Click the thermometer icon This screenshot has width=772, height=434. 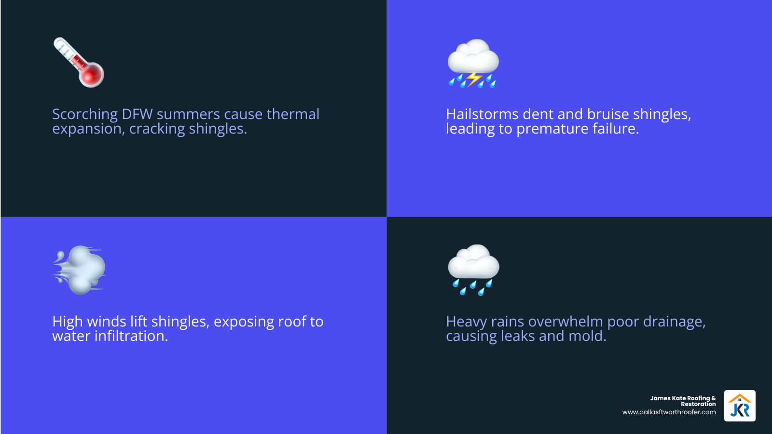pyautogui.click(x=79, y=62)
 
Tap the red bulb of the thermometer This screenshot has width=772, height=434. pyautogui.click(x=92, y=75)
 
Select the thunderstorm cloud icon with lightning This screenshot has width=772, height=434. pyautogui.click(x=473, y=63)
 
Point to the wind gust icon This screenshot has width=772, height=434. pyautogui.click(x=79, y=270)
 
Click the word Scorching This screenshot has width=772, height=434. pyautogui.click(x=85, y=114)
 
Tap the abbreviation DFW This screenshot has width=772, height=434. pyautogui.click(x=137, y=114)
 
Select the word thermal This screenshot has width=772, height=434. pyautogui.click(x=293, y=114)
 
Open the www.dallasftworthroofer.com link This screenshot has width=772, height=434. pyautogui.click(x=669, y=412)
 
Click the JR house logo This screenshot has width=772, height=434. pyautogui.click(x=740, y=406)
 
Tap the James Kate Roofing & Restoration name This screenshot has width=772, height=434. pyautogui.click(x=683, y=401)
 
